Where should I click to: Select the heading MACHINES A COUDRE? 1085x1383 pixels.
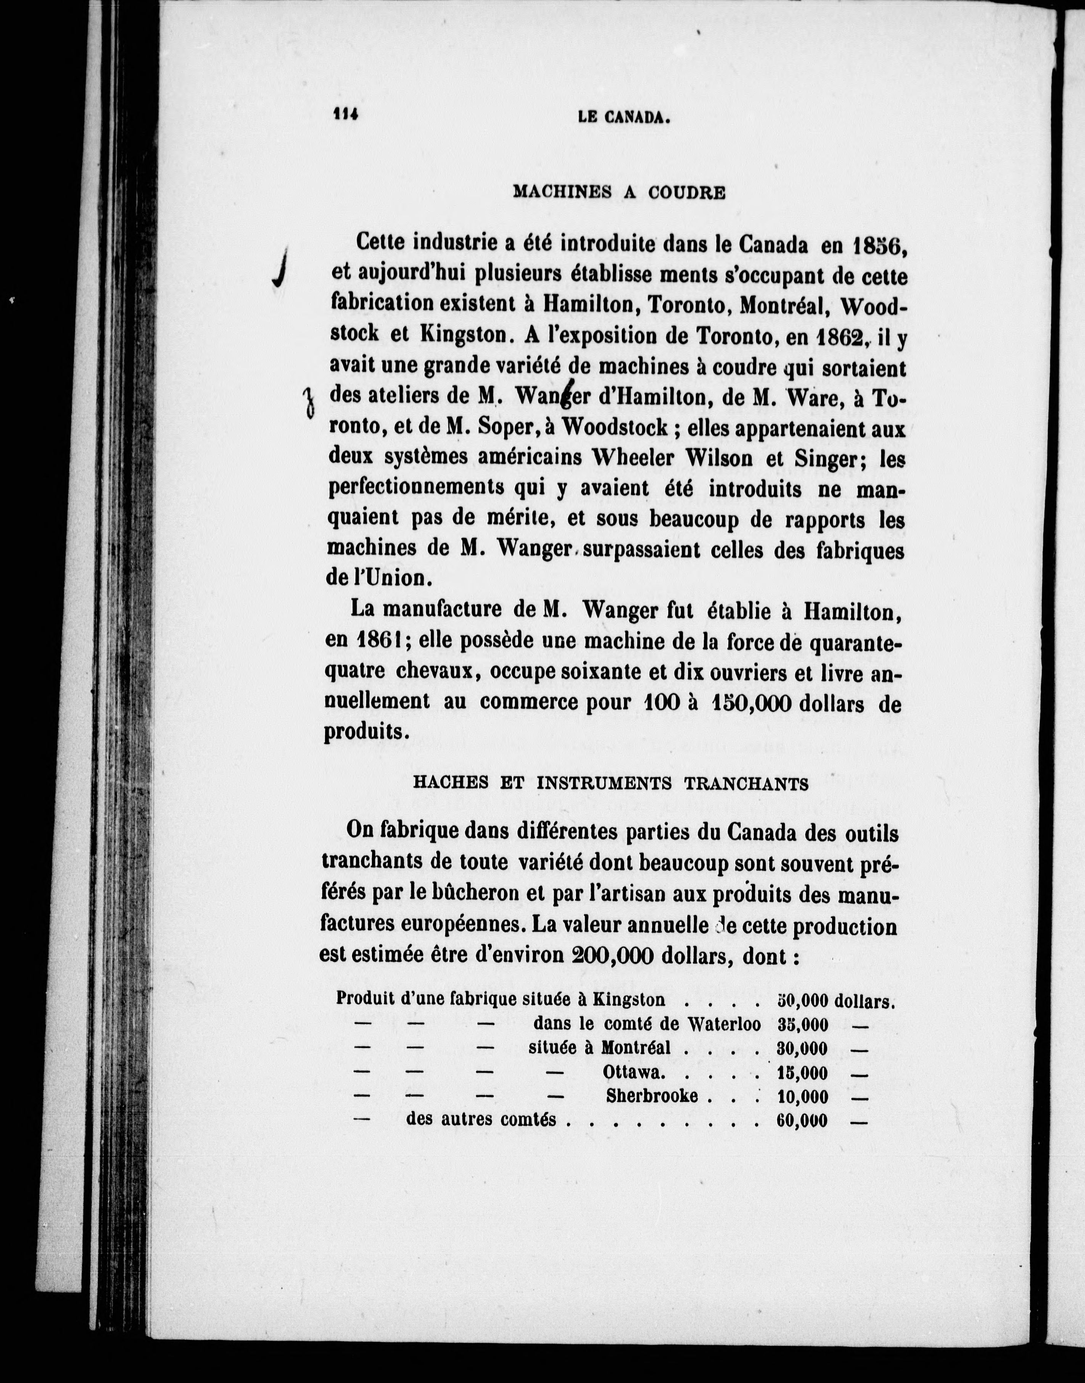pyautogui.click(x=619, y=192)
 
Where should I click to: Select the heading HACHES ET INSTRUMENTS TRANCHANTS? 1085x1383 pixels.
pyautogui.click(x=610, y=783)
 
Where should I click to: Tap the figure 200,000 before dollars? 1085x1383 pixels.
pyautogui.click(x=613, y=956)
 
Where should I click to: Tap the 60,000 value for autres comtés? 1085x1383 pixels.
pyautogui.click(x=802, y=1120)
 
